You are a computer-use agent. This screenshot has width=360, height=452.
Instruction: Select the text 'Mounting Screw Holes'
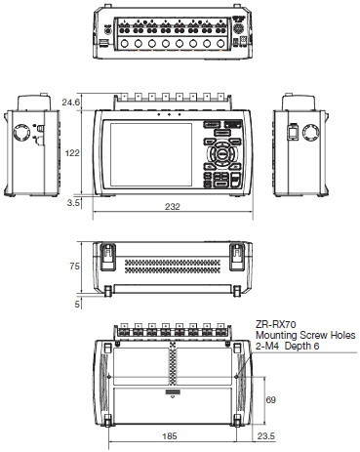point(303,334)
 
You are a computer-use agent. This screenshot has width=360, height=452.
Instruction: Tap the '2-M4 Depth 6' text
point(290,346)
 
